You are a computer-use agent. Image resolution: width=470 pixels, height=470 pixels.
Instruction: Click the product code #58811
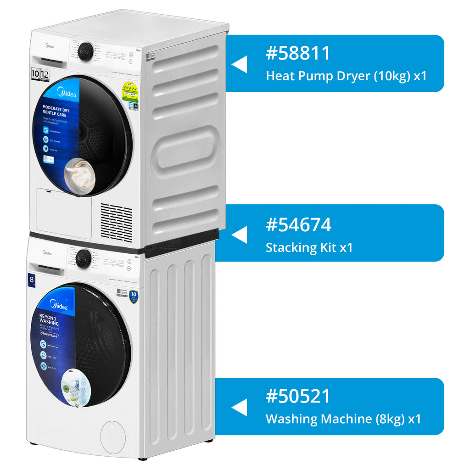(298, 53)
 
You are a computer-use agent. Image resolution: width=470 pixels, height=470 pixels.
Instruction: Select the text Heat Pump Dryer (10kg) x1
(346, 76)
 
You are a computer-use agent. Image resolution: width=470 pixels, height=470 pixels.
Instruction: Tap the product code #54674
(298, 225)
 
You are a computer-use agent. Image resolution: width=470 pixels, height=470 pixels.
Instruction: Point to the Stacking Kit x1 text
(309, 248)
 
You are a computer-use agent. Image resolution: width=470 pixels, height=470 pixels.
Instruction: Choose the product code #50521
(298, 396)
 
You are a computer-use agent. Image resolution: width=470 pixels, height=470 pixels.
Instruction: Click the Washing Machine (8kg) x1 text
(343, 419)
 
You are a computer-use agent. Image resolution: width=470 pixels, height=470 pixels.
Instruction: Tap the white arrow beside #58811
(240, 64)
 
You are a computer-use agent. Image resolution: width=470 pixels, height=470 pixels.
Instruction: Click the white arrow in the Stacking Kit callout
(240, 235)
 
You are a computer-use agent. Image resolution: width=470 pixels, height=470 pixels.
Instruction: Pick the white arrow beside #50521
(240, 408)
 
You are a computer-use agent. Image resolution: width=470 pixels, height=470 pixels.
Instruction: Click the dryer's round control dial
(85, 51)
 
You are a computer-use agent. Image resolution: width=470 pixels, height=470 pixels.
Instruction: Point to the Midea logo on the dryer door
(67, 95)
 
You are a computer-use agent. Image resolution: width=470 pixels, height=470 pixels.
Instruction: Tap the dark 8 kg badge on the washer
(31, 280)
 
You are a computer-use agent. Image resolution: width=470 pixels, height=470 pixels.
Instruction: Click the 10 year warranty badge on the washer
(134, 297)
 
